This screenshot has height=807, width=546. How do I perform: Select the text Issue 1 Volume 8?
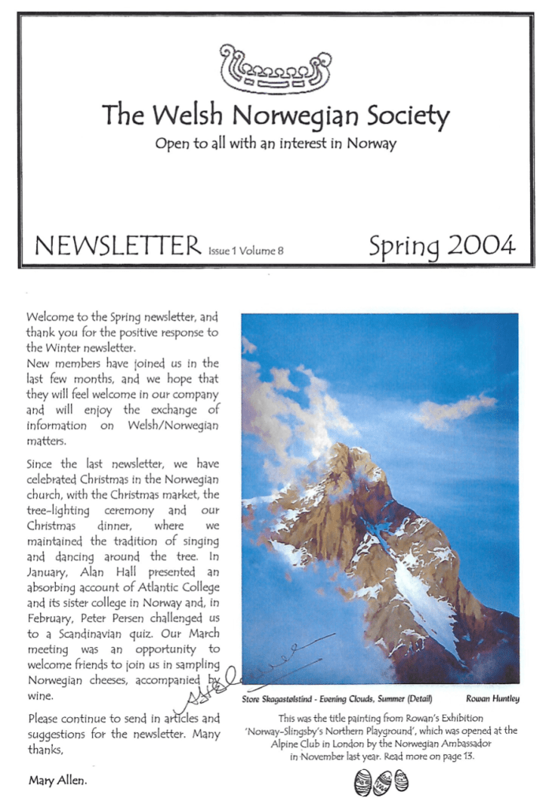(245, 251)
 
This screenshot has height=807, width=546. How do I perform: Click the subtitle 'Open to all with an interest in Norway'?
(275, 144)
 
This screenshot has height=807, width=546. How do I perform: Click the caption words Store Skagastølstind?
(276, 698)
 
